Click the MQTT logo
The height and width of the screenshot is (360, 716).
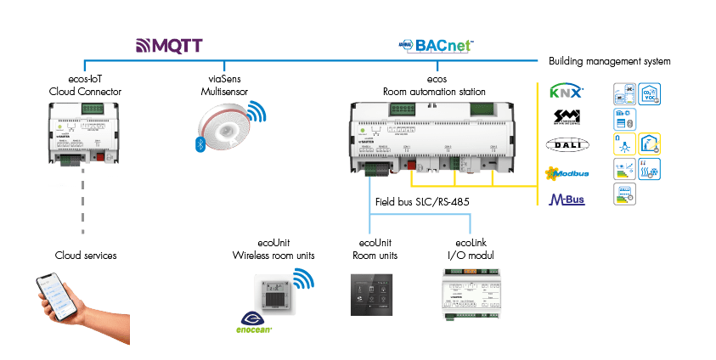[x=170, y=44]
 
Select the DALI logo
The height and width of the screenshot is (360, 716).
[x=567, y=144]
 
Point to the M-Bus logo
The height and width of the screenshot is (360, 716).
[x=567, y=200]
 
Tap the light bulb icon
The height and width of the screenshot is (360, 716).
[x=624, y=143]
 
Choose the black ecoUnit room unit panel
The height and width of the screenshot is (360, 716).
[x=370, y=294]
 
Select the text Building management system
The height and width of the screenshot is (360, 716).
[x=610, y=62]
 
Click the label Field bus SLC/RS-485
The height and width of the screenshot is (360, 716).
[x=416, y=203]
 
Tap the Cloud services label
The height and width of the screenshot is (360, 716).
[x=86, y=255]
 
